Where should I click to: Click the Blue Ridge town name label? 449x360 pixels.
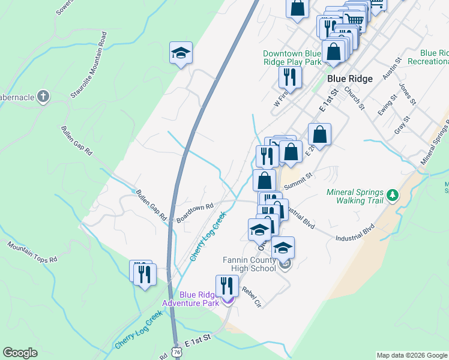click(350, 79)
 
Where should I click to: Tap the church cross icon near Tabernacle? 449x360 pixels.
click(43, 96)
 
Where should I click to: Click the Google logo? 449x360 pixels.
click(20, 353)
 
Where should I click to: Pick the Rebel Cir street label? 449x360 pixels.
click(252, 296)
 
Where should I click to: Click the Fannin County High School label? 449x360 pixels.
click(247, 264)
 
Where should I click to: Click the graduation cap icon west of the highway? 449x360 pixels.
click(181, 54)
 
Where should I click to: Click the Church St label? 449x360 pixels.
click(354, 97)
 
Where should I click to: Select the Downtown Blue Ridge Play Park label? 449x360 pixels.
click(292, 58)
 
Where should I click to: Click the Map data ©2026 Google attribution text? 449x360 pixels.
click(411, 355)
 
